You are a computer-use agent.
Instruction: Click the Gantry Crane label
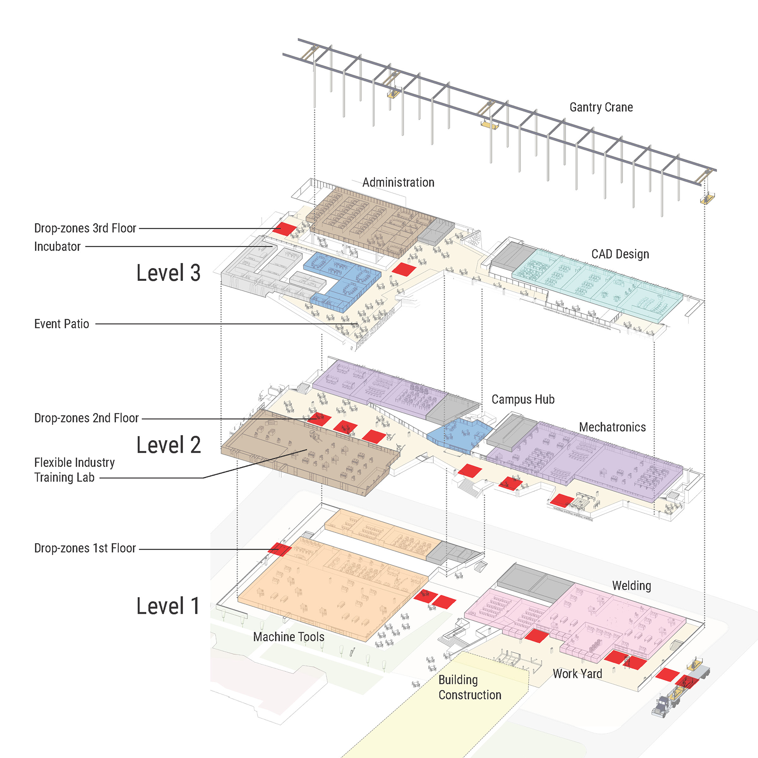click(x=601, y=107)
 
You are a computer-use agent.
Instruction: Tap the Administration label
click(x=398, y=182)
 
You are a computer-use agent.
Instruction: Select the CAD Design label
click(x=620, y=254)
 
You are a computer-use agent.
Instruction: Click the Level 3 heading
click(x=168, y=273)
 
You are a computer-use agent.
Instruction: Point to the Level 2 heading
click(x=168, y=445)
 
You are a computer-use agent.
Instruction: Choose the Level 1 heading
click(x=168, y=606)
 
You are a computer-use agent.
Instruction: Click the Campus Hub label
click(x=523, y=399)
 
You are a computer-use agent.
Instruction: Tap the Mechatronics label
click(x=612, y=427)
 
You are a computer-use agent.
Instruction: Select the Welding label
click(x=631, y=586)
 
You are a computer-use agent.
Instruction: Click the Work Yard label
click(x=577, y=674)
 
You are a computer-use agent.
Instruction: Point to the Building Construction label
click(x=470, y=687)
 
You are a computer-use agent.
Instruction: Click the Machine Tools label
click(x=288, y=637)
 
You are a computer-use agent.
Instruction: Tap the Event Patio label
click(x=61, y=324)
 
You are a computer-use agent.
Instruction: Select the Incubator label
click(x=57, y=246)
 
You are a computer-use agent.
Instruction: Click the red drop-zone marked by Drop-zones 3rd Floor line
click(x=285, y=229)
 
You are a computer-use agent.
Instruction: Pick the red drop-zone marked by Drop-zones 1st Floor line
click(x=280, y=549)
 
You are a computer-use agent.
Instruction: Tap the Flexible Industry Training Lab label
click(x=74, y=470)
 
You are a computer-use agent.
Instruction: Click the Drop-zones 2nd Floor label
click(x=86, y=418)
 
